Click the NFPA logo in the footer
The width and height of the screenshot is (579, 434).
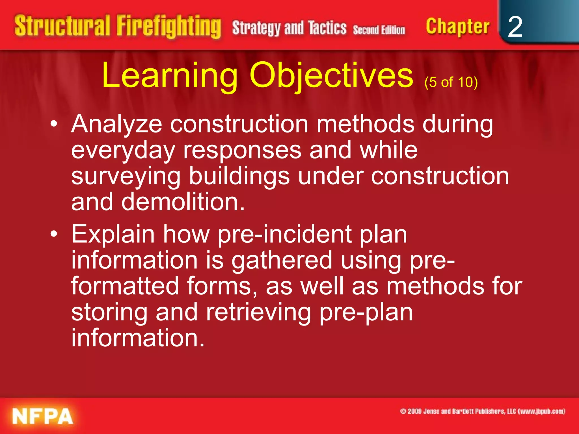point(42,416)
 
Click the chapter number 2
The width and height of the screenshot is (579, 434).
point(515,27)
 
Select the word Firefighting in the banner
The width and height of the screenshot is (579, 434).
point(169,27)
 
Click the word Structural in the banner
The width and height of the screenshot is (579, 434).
point(62,26)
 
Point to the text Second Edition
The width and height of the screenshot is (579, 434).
point(379,30)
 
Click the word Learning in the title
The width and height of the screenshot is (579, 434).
point(170,76)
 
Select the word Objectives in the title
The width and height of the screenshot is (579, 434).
point(331,76)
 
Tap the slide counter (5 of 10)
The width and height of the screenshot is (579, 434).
point(451,82)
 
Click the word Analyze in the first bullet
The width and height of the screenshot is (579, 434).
point(116,124)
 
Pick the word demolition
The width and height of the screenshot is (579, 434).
point(183,202)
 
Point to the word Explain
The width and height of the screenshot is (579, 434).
point(113,235)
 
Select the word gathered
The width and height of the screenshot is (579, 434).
point(282,261)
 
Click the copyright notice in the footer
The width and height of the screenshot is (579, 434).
point(483,411)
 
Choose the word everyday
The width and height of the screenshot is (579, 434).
point(123,151)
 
